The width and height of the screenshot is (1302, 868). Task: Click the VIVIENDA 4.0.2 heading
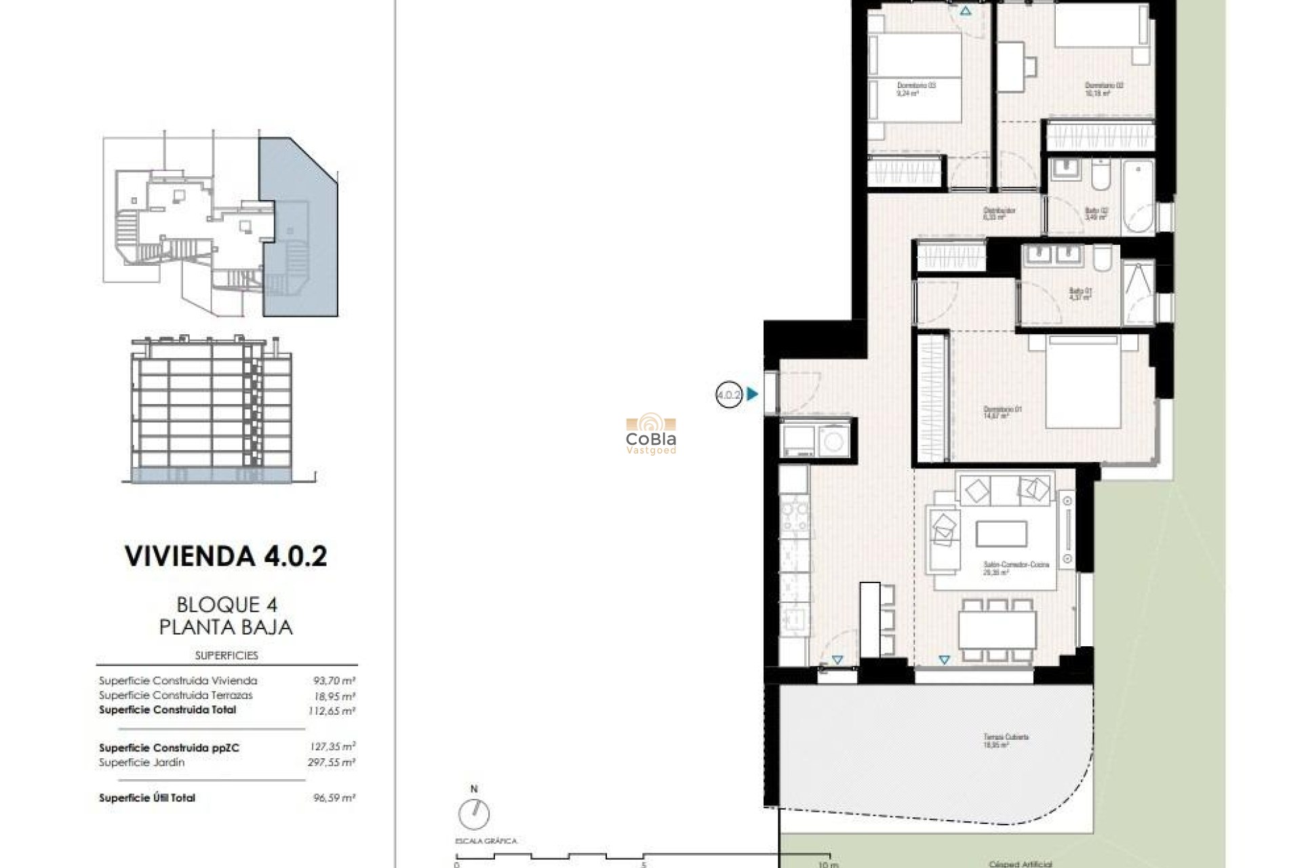(226, 556)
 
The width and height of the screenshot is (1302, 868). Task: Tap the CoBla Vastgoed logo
(651, 434)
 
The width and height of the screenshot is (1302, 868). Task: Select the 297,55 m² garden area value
(332, 762)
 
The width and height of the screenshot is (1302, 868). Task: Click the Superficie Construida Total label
(167, 710)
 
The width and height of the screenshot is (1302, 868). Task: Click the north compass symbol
(473, 813)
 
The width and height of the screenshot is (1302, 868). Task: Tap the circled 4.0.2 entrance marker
(729, 394)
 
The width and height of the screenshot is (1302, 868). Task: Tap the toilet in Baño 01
(1102, 258)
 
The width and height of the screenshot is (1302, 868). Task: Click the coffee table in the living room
(1001, 534)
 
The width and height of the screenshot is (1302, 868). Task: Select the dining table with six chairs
(997, 629)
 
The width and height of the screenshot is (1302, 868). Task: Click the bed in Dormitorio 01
(1083, 383)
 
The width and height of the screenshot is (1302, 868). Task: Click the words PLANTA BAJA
(226, 627)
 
